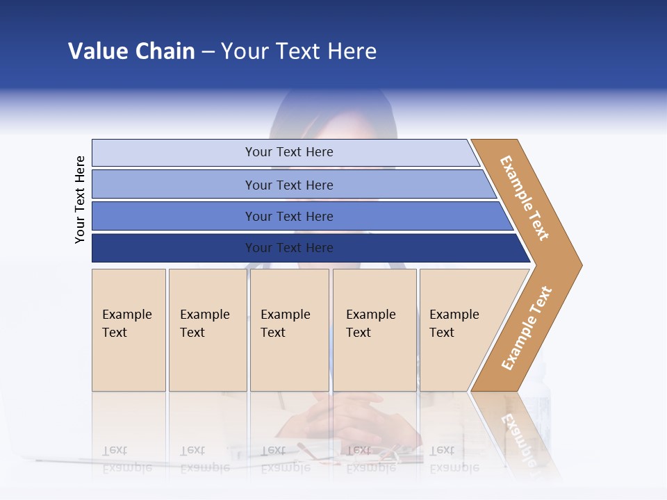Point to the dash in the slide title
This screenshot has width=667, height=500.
pos(208,52)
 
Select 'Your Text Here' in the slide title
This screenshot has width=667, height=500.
pos(299,51)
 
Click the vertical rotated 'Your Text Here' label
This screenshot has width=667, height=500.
pos(80,199)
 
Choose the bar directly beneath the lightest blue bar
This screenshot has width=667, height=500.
pos(288,185)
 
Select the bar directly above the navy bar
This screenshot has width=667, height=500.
pos(288,216)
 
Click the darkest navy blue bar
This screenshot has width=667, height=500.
pos(288,248)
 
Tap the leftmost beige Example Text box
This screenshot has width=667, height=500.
pos(129,329)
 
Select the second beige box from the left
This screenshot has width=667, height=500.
pos(207,329)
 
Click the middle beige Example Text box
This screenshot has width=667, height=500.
pos(289,329)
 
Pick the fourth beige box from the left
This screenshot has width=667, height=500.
pos(374,329)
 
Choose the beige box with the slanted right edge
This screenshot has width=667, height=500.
pos(459,329)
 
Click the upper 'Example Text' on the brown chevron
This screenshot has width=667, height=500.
pos(525,197)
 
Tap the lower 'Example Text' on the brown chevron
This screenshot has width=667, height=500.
pos(527,328)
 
